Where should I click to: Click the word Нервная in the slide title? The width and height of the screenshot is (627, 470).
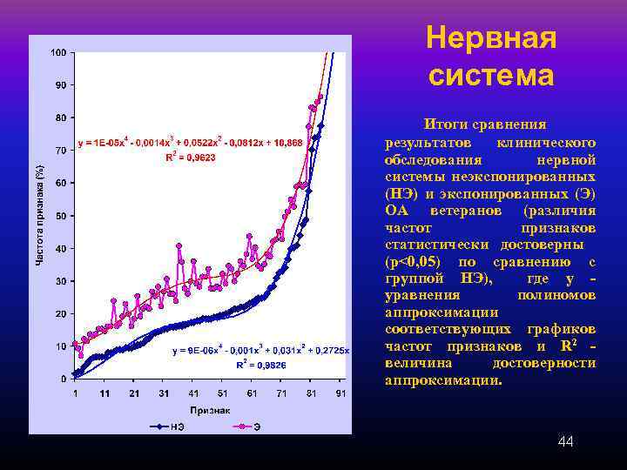491,37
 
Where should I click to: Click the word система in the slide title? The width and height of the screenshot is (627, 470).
491,76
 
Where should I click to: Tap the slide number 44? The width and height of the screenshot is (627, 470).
565,442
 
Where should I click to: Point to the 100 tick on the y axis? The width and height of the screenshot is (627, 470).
57,52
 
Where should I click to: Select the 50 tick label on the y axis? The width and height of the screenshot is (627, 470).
60,216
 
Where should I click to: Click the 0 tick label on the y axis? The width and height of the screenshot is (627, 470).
63,379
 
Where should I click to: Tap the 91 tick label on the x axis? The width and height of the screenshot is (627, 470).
340,393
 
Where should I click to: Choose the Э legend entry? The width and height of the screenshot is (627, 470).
258,426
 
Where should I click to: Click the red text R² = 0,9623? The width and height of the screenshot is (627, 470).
191,157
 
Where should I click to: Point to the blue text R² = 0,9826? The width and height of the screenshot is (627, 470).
260,365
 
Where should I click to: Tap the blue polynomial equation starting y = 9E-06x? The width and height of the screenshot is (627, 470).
260,350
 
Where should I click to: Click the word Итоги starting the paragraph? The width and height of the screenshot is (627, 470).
443,124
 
